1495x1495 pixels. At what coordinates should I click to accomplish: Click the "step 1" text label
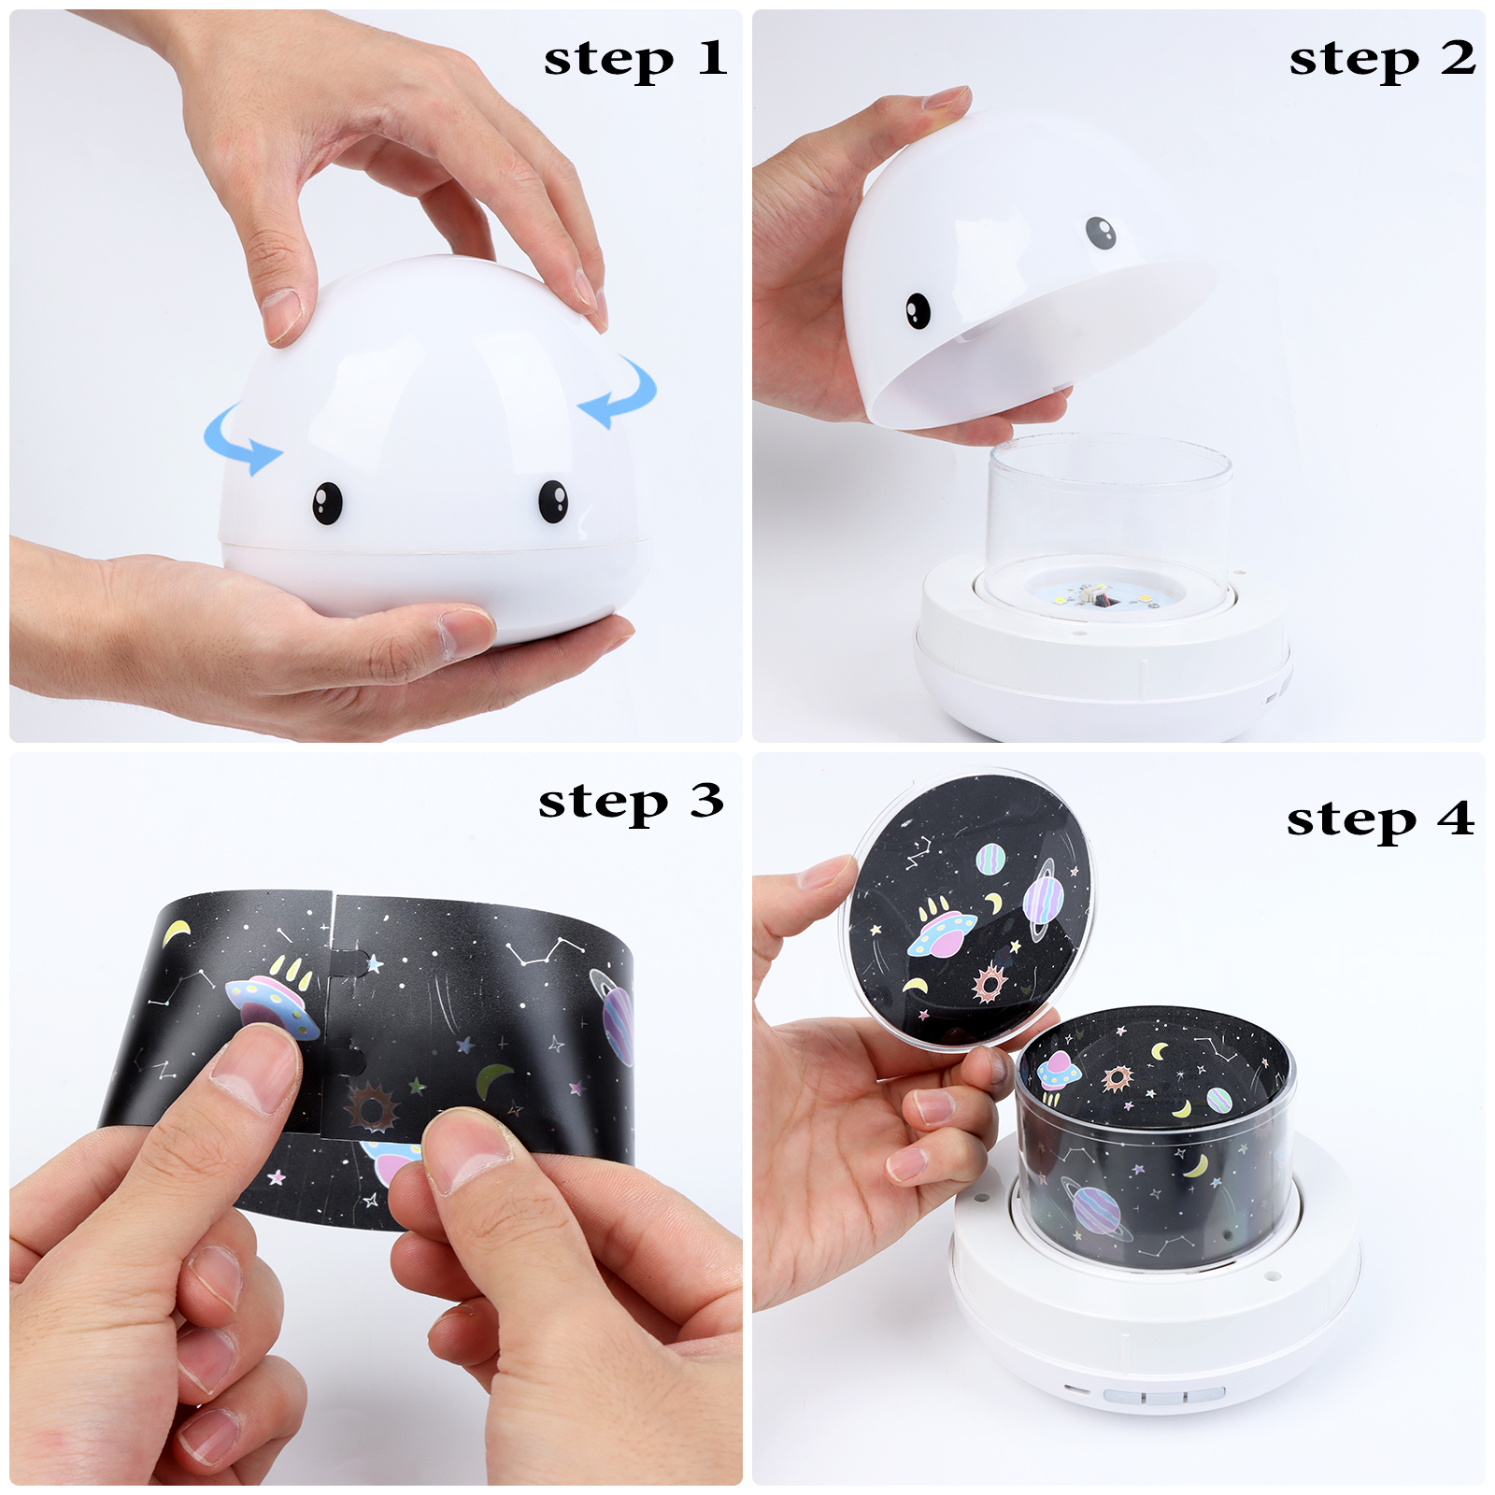635,60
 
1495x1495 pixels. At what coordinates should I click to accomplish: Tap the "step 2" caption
1382,60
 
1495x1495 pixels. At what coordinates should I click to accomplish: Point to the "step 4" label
1380,820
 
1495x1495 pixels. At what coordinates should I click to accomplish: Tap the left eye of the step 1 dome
327,503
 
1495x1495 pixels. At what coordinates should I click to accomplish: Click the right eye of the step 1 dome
553,501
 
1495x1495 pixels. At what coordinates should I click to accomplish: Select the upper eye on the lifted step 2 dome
1102,233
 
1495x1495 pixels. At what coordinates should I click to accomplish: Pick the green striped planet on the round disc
990,858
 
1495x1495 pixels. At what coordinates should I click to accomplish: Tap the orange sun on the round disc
989,983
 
